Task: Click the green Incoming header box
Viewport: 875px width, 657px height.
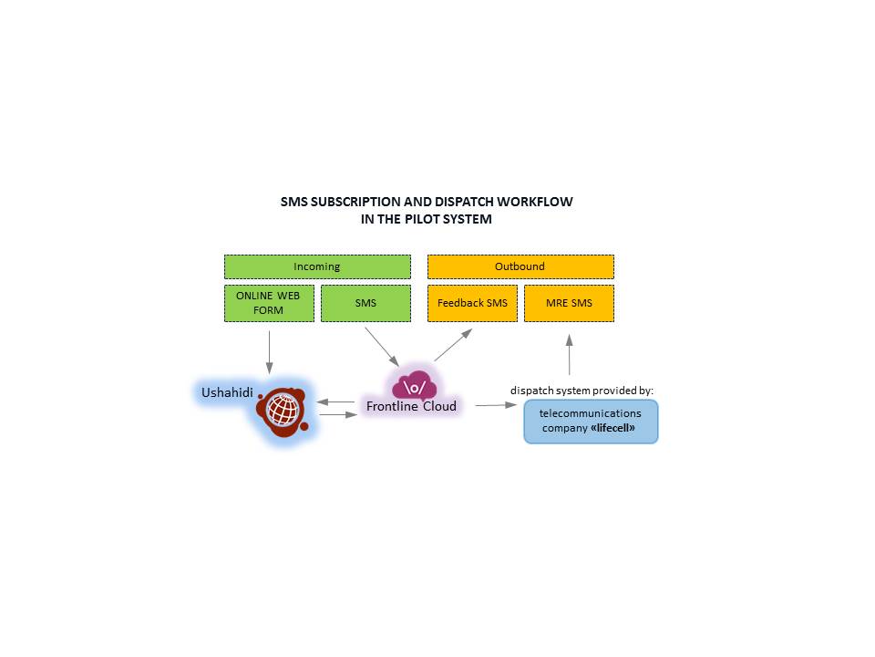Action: [x=317, y=266]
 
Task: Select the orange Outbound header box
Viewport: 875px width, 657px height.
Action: [x=520, y=266]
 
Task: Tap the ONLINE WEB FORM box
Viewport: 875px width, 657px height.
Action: [x=269, y=303]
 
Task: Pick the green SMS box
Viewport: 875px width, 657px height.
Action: [x=365, y=303]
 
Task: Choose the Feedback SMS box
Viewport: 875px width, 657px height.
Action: [x=473, y=303]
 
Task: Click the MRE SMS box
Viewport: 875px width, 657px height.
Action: [x=569, y=303]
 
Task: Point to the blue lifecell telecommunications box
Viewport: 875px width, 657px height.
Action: [x=591, y=422]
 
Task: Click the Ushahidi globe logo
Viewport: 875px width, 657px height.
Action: [x=283, y=412]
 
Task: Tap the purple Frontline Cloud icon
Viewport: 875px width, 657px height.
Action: [x=414, y=385]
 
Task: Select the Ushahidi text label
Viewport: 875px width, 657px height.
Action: [x=227, y=392]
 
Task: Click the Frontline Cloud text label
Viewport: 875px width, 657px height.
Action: [x=411, y=406]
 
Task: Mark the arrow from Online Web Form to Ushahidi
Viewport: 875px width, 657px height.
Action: [x=270, y=352]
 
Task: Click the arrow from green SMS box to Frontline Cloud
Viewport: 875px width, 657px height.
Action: [x=382, y=347]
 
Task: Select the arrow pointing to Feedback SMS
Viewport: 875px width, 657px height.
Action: [x=454, y=344]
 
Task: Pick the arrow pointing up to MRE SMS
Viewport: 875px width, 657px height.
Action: [x=569, y=354]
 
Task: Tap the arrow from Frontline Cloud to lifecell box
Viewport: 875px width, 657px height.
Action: [x=496, y=405]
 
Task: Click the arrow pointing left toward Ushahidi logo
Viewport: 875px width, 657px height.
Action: [x=335, y=401]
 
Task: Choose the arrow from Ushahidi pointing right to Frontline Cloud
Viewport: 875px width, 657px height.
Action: [x=338, y=414]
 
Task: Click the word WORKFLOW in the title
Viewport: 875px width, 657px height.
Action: [x=535, y=202]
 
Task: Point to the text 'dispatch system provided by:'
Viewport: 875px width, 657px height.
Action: [x=582, y=391]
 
